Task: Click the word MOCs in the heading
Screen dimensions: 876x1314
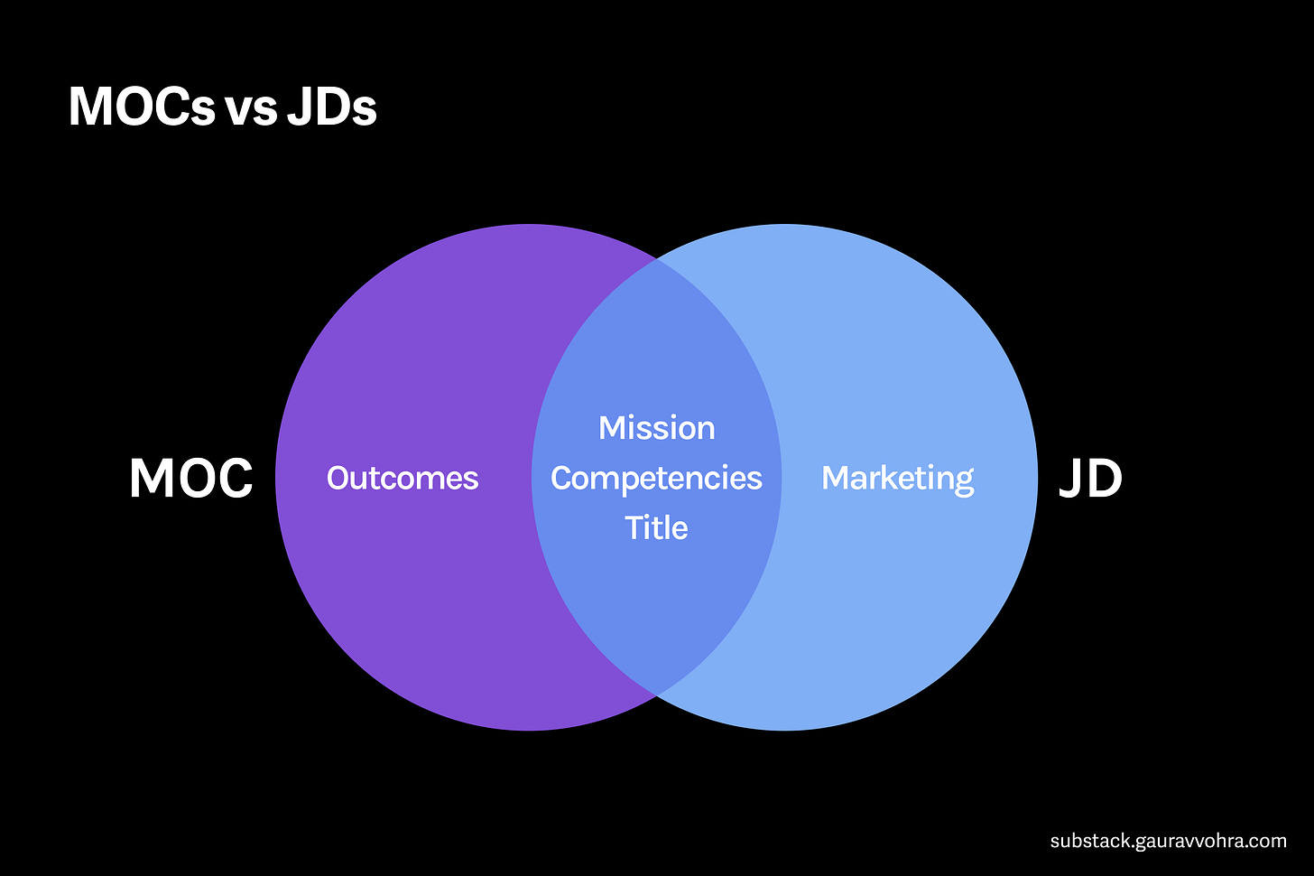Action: [142, 107]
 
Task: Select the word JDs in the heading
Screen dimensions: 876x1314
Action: [331, 107]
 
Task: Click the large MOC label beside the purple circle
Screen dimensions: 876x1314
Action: [190, 478]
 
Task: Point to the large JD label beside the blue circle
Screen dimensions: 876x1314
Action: [1090, 478]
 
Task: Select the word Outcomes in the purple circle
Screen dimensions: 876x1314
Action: [403, 478]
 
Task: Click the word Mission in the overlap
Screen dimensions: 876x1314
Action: [656, 428]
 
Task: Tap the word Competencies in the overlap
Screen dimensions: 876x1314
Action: [656, 478]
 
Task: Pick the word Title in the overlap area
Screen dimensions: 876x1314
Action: [656, 527]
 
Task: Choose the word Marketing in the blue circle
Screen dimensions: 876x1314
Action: [897, 478]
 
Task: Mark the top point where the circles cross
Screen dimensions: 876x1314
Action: [657, 260]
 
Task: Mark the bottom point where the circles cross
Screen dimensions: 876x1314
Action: [657, 694]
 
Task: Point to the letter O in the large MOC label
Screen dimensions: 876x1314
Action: [191, 478]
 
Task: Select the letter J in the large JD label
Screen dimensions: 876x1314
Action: [1071, 478]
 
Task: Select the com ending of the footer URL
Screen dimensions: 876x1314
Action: [1270, 841]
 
